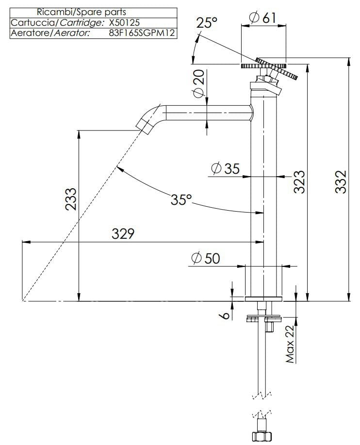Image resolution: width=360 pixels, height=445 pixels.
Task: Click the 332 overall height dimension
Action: pyautogui.click(x=342, y=181)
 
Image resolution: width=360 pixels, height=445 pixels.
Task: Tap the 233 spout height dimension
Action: pyautogui.click(x=71, y=199)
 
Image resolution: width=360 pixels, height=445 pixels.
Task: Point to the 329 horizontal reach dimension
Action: pyautogui.click(x=123, y=233)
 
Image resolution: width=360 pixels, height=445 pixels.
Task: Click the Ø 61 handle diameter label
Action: pyautogui.click(x=262, y=17)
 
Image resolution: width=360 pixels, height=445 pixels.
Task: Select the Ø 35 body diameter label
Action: pyautogui.click(x=226, y=168)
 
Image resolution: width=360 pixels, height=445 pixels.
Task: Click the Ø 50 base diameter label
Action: pyautogui.click(x=206, y=258)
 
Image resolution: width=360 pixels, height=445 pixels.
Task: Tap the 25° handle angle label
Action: pyautogui.click(x=207, y=23)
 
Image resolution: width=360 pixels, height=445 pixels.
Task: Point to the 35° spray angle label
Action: pyautogui.click(x=181, y=199)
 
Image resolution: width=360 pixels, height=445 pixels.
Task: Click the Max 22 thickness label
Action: pyautogui.click(x=291, y=345)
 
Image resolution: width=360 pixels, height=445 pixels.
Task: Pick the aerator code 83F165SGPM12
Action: pyautogui.click(x=142, y=33)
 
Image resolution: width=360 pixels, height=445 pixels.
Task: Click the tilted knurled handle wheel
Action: pyautogui.click(x=278, y=70)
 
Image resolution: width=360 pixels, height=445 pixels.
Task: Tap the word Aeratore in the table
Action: pyautogui.click(x=27, y=33)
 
